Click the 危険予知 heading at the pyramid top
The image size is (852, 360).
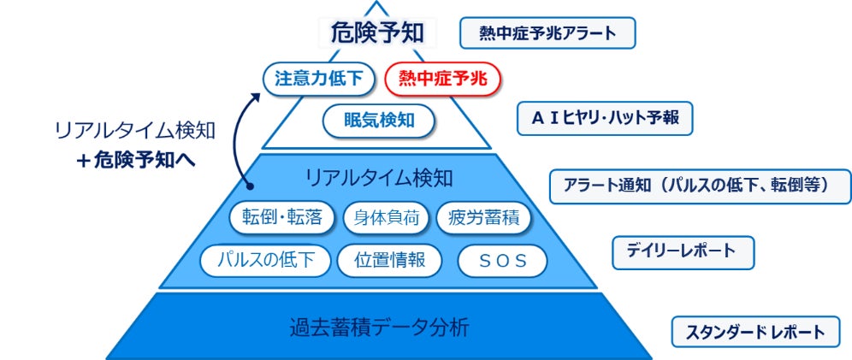(378, 33)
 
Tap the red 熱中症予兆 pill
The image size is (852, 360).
(442, 80)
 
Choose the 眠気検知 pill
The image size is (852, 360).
(378, 120)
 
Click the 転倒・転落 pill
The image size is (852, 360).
(281, 217)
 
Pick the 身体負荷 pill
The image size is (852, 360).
(387, 217)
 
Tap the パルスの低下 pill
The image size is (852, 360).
(265, 261)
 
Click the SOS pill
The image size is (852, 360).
(501, 262)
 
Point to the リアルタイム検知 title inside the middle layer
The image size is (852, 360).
(379, 177)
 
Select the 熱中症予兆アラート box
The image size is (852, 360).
(547, 34)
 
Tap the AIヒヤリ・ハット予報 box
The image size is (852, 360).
(605, 119)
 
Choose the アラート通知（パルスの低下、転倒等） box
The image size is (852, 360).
(701, 185)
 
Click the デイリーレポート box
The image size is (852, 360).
(683, 251)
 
